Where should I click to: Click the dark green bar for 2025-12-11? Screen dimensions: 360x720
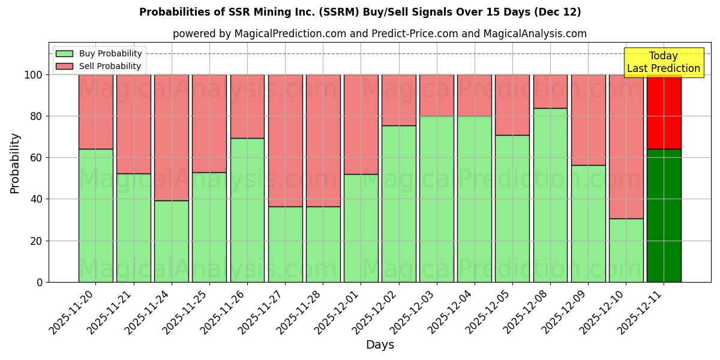tap(664, 215)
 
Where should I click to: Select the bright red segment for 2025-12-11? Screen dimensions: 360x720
tap(664, 112)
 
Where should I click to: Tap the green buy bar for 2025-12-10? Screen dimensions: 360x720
tap(626, 250)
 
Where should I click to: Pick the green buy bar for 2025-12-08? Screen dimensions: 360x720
tap(550, 195)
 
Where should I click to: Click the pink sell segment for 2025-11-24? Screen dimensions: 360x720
tap(172, 137)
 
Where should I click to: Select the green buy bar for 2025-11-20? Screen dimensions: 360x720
tap(96, 215)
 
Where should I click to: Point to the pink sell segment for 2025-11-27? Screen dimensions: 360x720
tap(285, 140)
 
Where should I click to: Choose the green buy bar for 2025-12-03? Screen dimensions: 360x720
tap(437, 199)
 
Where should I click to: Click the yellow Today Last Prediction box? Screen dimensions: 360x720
tap(664, 62)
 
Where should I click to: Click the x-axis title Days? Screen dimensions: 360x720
tap(380, 345)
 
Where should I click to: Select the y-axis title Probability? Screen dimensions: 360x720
tap(15, 163)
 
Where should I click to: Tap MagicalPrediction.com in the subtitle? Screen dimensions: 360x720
tap(290, 34)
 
